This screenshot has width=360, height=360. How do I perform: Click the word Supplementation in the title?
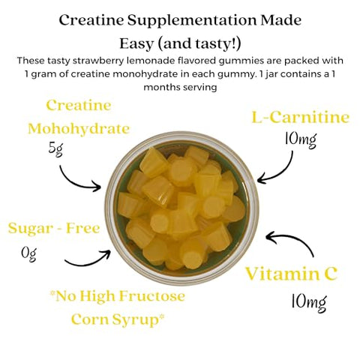[x=192, y=21]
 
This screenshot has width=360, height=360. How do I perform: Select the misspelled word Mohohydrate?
[x=79, y=129]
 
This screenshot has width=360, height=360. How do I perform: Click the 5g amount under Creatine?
[x=55, y=150]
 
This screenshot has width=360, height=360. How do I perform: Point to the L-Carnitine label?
[x=300, y=117]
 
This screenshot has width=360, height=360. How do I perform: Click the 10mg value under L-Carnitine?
[x=301, y=140]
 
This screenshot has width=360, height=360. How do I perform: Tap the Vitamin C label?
[x=291, y=274]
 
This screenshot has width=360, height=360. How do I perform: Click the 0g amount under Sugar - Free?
[x=29, y=254]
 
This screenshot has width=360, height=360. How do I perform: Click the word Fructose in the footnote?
[x=152, y=296]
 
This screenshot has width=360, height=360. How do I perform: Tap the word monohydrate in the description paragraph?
[x=148, y=74]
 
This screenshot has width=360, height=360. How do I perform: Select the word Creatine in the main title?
[x=91, y=20]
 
